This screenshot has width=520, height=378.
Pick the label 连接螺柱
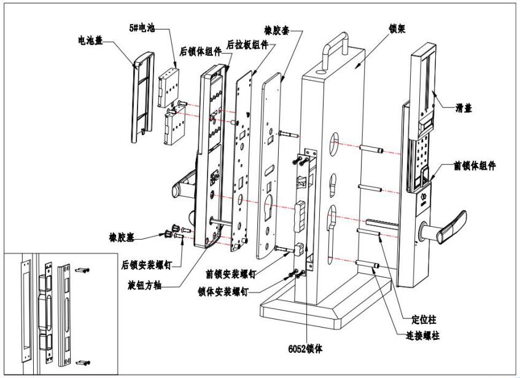tap(422, 336)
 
